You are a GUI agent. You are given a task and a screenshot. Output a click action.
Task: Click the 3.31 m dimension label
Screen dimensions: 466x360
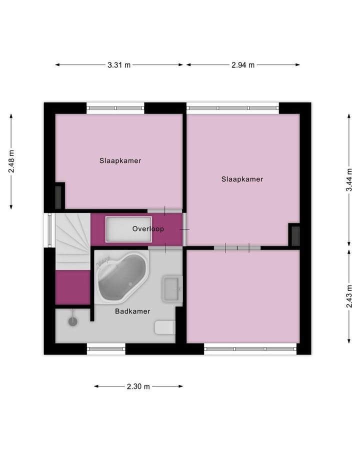119,65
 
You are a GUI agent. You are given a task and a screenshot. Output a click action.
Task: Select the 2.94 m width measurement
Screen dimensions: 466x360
243,65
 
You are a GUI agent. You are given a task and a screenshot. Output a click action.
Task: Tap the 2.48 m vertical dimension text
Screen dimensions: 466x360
11,161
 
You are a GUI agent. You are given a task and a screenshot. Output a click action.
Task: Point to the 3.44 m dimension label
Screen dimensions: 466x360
349,180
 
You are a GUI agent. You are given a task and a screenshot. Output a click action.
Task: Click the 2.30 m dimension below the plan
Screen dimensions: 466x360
138,386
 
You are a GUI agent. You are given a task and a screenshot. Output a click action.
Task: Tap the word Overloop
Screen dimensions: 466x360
148,229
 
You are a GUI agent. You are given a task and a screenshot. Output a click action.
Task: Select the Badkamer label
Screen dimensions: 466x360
132,311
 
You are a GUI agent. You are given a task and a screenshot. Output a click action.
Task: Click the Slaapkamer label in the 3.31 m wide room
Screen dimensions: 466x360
120,161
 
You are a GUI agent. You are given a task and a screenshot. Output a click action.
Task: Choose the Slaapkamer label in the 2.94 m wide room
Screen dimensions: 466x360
242,179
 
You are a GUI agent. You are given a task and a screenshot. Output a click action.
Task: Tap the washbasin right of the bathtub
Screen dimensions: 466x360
171,289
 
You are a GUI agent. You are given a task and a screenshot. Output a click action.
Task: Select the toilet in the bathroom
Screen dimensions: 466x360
164,327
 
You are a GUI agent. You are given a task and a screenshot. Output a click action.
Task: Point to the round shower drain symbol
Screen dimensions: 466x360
73,321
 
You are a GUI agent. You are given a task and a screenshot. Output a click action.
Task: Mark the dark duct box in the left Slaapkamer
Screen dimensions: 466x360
59,196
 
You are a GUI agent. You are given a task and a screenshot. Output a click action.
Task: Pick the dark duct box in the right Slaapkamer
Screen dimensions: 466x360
295,235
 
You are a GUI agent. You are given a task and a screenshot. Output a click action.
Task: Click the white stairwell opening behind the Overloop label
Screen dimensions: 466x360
128,229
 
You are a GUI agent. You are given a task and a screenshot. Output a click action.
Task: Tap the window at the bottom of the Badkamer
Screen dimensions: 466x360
106,348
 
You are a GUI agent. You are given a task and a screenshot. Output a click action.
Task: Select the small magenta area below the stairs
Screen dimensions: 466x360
72,287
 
